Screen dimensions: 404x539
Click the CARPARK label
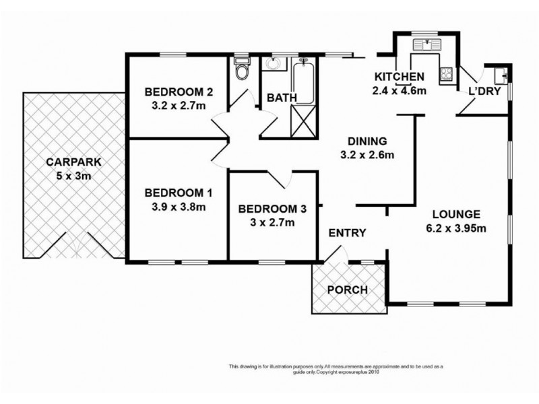pos(69,162)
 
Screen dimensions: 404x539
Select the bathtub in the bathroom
pos(304,81)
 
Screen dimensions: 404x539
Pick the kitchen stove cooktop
pos(446,75)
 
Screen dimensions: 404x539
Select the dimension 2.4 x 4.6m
pos(400,88)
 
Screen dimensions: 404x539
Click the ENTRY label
pos(347,233)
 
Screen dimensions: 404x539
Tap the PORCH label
pos(347,290)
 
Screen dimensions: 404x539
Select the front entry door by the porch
pos(335,255)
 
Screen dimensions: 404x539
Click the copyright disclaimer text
pos(336,369)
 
